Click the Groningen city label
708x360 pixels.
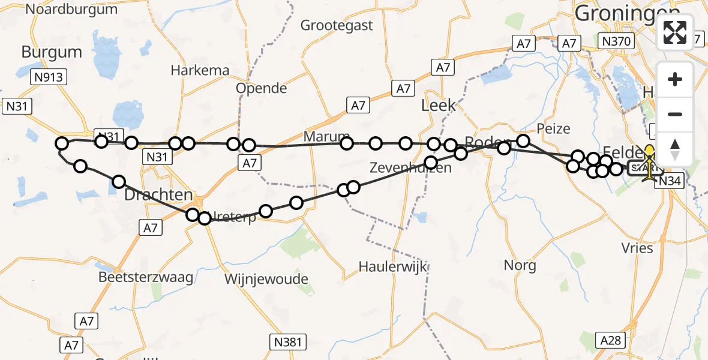[x=617, y=13]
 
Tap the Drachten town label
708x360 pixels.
[x=158, y=196]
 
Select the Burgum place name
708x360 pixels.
[x=52, y=52]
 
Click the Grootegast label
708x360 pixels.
[x=337, y=25]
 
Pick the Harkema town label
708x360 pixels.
[x=200, y=70]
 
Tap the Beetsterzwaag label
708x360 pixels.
[x=146, y=277]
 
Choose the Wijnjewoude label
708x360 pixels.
[x=266, y=279]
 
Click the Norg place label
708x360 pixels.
[x=520, y=265]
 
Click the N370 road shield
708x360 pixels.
[x=617, y=42]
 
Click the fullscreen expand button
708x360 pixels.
[x=675, y=32]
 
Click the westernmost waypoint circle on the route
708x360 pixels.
[x=62, y=143]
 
